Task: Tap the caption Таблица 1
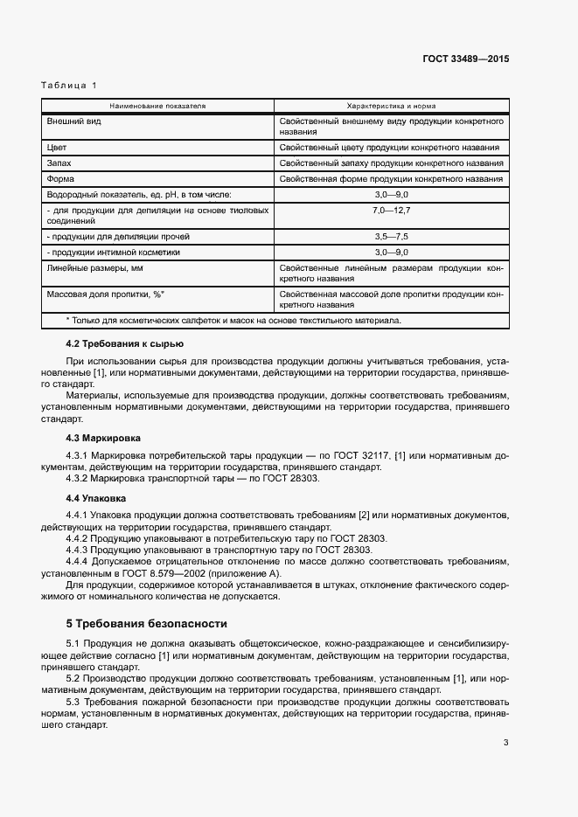coord(69,86)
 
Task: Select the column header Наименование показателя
coord(157,105)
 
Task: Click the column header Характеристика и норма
coord(391,105)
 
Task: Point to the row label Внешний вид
coord(73,121)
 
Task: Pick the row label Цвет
coord(57,148)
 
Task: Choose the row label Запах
coord(60,163)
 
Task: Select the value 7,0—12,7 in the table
coord(391,211)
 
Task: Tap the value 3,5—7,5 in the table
coord(391,237)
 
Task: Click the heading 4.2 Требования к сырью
coord(124,344)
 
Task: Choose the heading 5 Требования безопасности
coord(147,624)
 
